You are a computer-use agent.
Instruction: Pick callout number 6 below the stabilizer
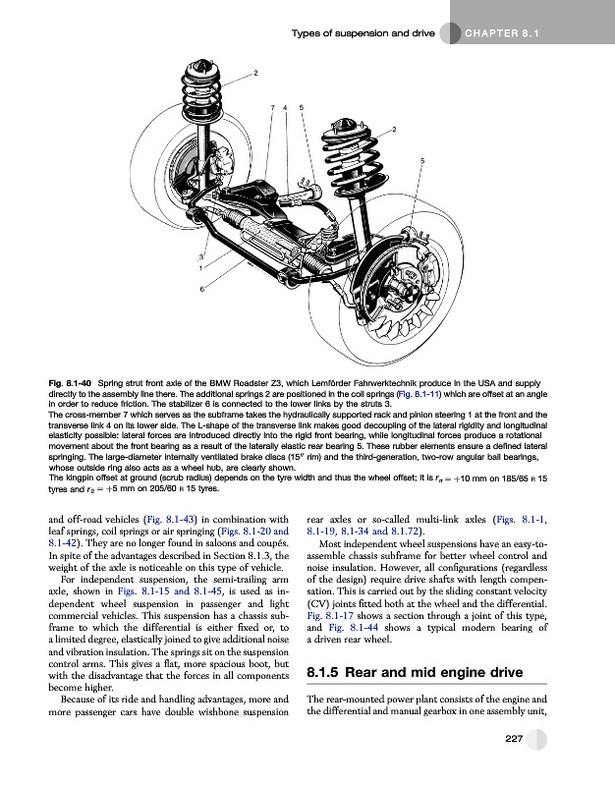coord(203,289)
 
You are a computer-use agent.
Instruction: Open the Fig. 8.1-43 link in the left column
coord(164,520)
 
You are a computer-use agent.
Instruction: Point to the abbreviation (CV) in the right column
coord(319,596)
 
